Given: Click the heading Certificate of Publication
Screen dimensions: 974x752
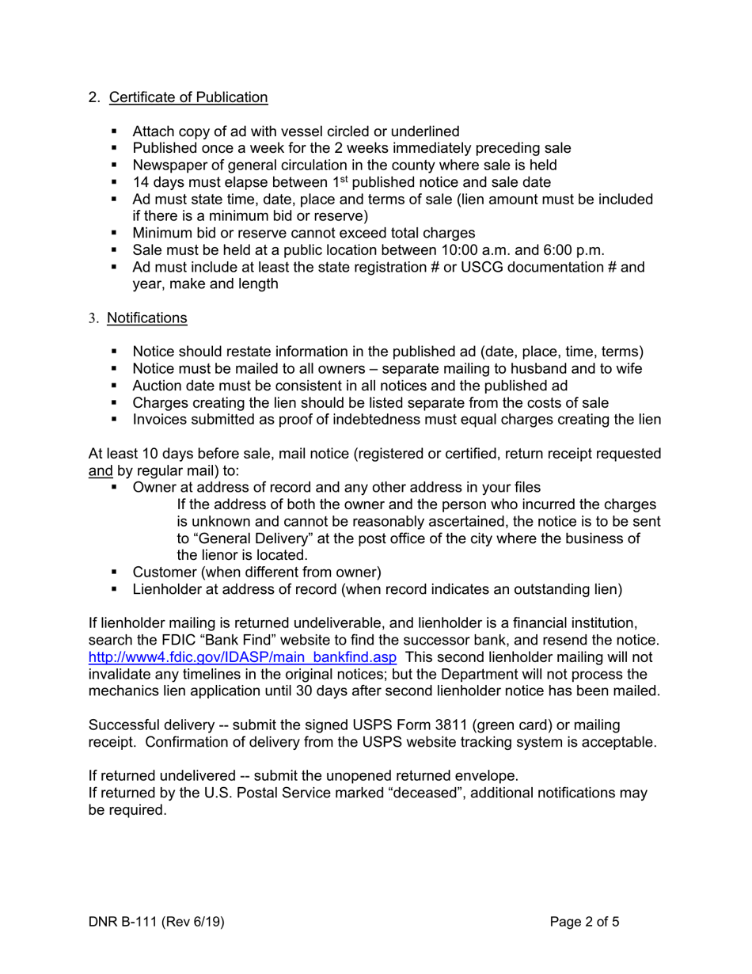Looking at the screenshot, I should pos(188,97).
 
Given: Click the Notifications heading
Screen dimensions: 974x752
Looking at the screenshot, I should pos(147,318).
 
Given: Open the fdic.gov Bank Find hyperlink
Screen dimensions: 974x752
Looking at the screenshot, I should pos(242,658).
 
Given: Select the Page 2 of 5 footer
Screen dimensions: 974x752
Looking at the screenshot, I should pos(585,922).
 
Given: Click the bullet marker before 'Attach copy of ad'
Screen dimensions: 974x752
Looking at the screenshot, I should pos(116,131).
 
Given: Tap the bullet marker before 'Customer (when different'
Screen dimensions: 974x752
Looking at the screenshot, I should pos(116,573).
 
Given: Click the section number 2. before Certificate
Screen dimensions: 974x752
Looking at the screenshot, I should pos(94,97).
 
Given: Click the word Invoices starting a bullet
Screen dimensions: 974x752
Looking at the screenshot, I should pos(161,420).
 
